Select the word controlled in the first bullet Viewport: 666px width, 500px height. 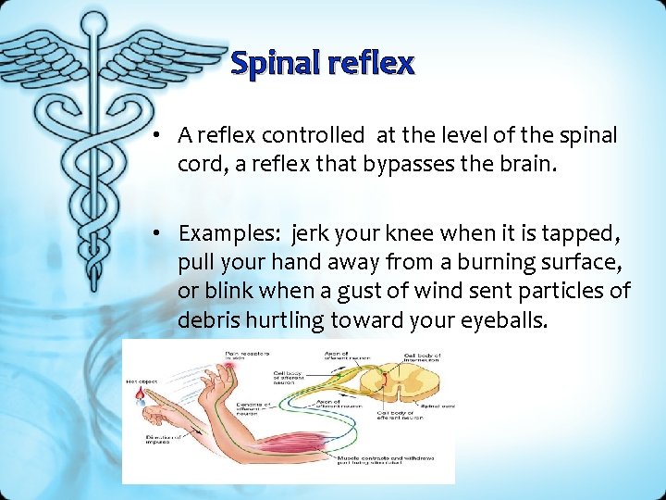pyautogui.click(x=314, y=135)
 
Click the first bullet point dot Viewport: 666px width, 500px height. pyautogui.click(x=160, y=136)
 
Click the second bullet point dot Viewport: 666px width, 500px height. pyautogui.click(x=160, y=234)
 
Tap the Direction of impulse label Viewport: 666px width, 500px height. pyautogui.click(x=160, y=439)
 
